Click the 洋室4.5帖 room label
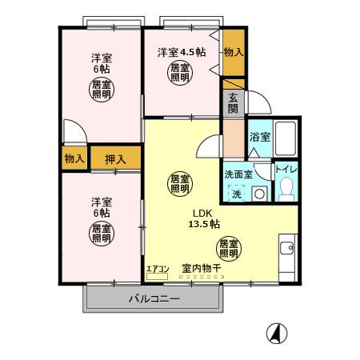point(181,52)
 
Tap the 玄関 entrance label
point(233,102)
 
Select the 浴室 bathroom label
point(259,137)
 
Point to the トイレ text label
point(286,170)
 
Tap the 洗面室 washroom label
point(238,174)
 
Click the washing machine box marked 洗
point(237,193)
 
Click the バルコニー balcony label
point(154,299)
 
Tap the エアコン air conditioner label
point(157,268)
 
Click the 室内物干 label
point(201,268)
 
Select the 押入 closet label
point(115,158)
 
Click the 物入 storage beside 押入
point(74,158)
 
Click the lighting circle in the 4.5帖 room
point(179,74)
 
